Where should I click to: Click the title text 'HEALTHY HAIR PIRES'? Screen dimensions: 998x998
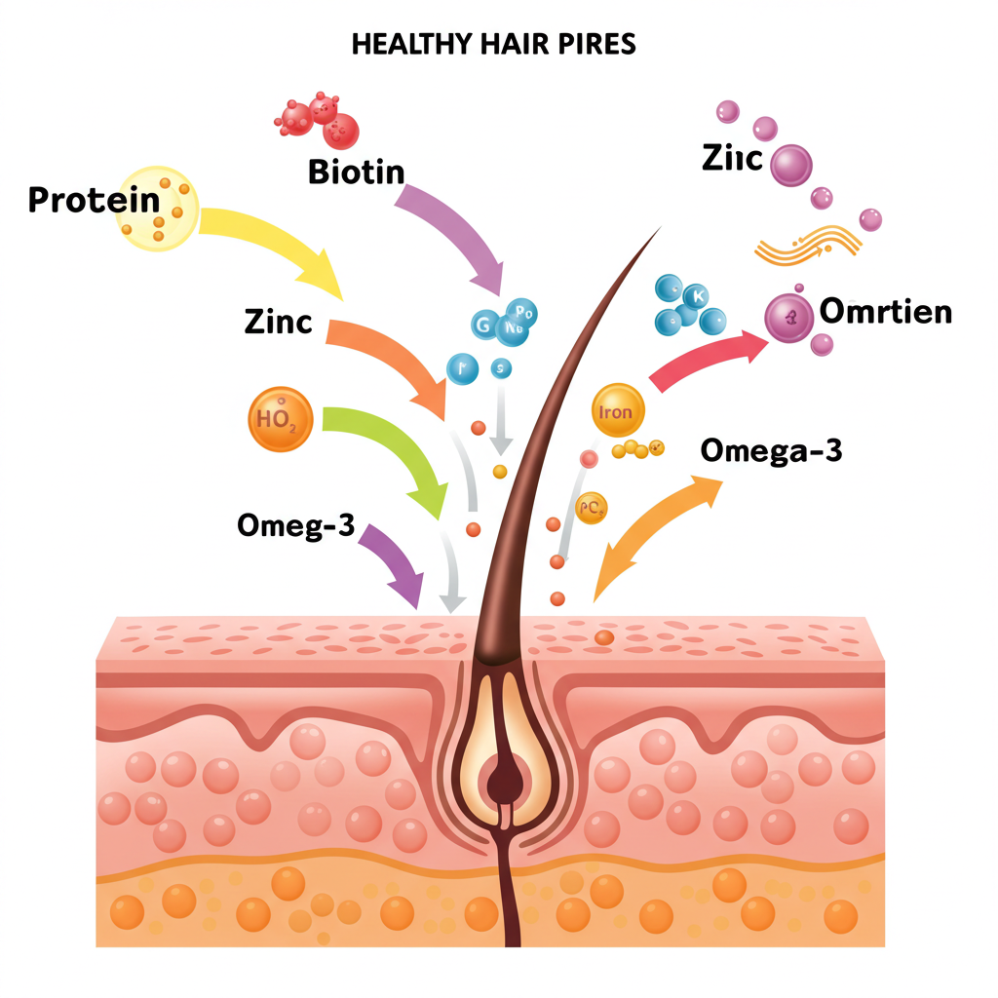(x=493, y=45)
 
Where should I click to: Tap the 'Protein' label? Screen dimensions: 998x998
(x=94, y=200)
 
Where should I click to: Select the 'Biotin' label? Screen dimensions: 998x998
(x=356, y=172)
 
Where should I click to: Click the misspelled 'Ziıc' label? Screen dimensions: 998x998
(x=732, y=158)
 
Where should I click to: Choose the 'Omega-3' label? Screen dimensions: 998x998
(x=771, y=450)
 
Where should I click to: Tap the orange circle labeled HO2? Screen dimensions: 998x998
(x=281, y=419)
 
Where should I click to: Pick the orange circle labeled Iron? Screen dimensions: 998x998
(x=618, y=411)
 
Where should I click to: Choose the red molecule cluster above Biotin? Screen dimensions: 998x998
(x=317, y=118)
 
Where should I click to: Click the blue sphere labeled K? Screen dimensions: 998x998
(x=698, y=295)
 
